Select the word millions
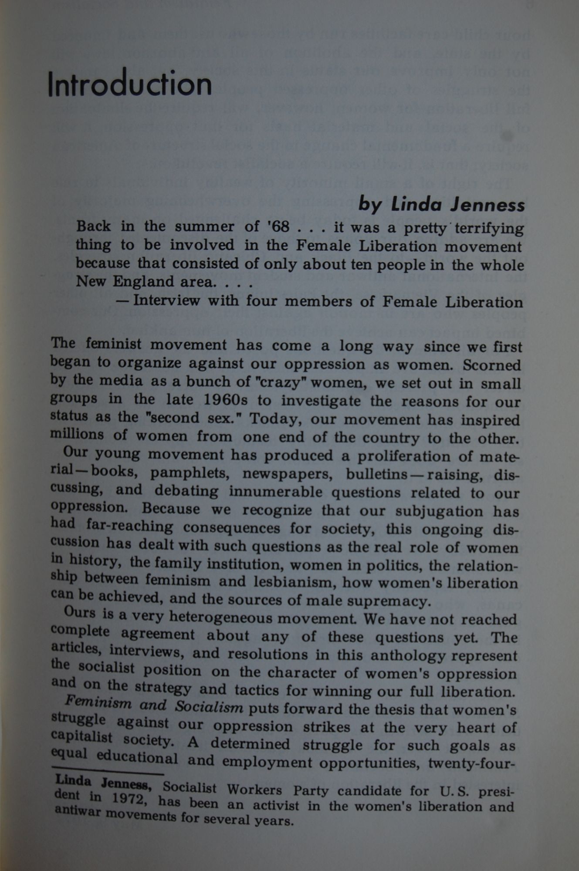click(77, 435)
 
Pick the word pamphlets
click(190, 473)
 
